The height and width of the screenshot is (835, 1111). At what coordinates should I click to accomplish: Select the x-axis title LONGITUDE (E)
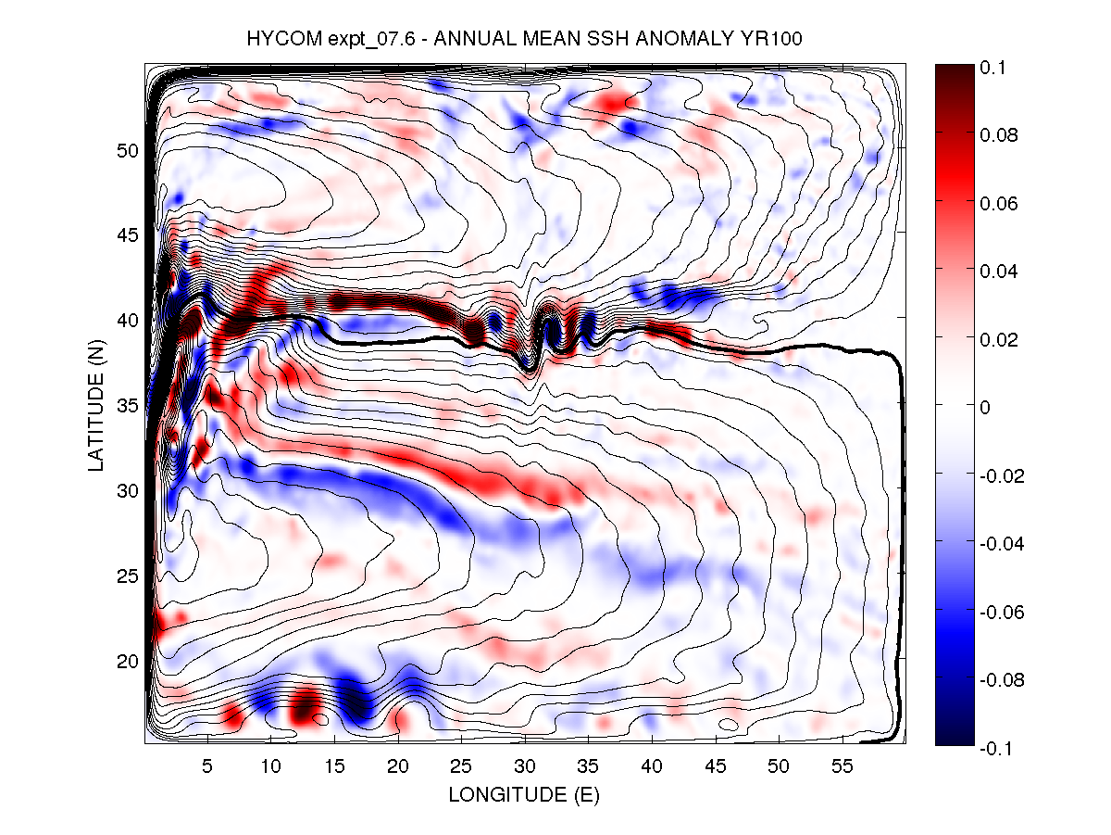[523, 794]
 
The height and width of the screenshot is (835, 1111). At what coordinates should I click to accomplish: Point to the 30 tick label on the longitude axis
[524, 767]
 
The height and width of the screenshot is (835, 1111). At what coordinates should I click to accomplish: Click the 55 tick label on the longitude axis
[842, 767]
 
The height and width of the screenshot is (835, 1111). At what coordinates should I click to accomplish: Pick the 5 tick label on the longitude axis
[207, 767]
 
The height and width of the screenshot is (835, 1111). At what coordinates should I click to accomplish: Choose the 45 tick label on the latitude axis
[127, 234]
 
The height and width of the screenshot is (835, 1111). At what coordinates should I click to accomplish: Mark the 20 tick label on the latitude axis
[127, 661]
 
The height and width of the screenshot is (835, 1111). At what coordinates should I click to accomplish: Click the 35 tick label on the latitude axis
[127, 405]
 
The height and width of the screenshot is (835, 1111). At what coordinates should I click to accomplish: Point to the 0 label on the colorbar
[987, 407]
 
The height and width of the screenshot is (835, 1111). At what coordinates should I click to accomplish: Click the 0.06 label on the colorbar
[999, 203]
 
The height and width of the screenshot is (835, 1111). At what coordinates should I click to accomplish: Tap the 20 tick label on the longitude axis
[397, 767]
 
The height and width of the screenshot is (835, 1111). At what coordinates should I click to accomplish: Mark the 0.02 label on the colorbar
[999, 339]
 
